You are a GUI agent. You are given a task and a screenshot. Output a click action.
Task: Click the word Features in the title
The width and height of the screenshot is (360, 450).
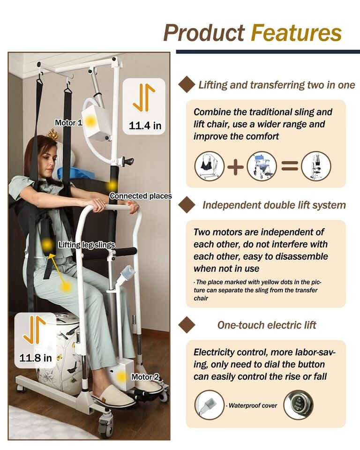pos(296,33)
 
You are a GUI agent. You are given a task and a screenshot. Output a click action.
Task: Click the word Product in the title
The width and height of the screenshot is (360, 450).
pos(204,33)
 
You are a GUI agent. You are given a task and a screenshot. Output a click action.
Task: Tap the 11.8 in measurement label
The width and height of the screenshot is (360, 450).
pos(36,358)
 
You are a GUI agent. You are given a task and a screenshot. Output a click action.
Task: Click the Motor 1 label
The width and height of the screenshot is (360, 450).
pos(68,123)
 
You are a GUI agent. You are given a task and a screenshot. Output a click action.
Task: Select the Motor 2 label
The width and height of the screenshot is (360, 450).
pos(145,376)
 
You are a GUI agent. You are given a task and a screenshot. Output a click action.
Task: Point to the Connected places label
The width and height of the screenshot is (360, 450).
pos(141,196)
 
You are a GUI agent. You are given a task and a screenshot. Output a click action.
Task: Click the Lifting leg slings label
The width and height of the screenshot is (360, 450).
pos(86,245)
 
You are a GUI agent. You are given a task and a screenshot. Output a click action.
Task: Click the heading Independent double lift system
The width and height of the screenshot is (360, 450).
pos(274,205)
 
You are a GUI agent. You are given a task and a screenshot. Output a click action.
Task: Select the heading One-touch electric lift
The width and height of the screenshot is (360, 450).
pos(267,325)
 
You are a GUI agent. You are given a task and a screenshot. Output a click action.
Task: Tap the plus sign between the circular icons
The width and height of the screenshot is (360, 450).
pos(236,166)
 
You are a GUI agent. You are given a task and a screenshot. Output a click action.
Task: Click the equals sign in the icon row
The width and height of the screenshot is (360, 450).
pos(289,166)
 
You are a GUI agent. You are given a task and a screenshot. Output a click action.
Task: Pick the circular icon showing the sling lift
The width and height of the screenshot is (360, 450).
pos(209,166)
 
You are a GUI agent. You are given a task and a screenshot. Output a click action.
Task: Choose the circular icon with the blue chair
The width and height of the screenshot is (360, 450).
pos(262,166)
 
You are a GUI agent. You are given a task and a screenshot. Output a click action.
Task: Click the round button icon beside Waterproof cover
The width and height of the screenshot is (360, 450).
pos(299,405)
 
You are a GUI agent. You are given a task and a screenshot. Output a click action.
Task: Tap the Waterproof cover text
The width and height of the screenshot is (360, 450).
pos(254,405)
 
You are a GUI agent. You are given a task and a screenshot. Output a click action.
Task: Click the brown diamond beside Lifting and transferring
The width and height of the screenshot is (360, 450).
pos(187,85)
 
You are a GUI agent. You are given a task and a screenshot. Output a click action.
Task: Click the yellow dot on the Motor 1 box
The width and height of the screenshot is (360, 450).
pos(91,121)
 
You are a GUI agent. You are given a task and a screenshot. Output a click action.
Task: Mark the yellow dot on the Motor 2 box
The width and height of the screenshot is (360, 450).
pos(122,376)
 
